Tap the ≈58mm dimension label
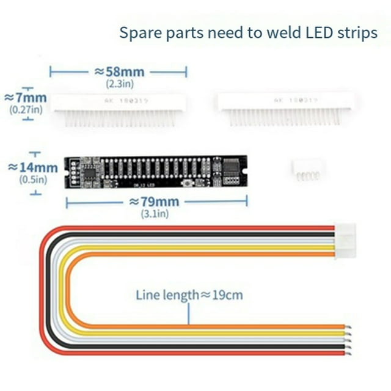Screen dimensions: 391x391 point(119,72)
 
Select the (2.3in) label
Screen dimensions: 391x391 point(119,83)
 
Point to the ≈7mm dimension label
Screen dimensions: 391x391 point(25,98)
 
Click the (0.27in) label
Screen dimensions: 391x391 point(26,110)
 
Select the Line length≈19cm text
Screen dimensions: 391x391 point(189,296)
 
